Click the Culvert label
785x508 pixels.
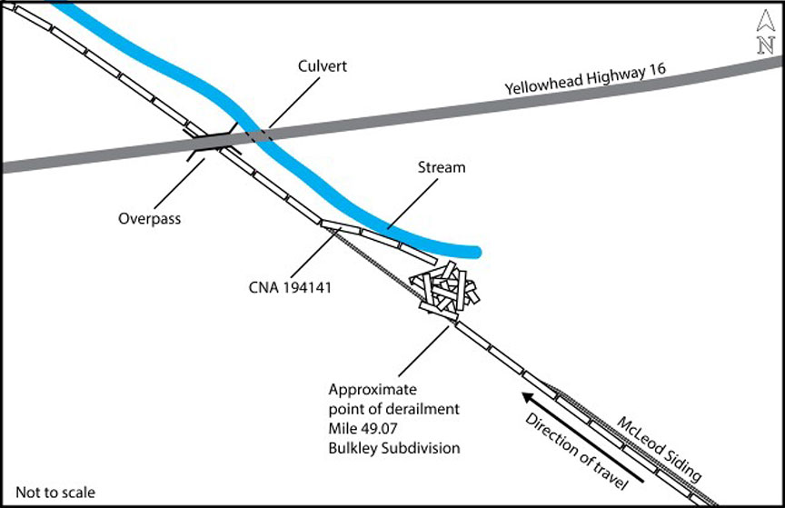coord(323,67)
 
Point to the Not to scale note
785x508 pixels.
coord(55,493)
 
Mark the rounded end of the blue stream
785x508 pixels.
coord(474,251)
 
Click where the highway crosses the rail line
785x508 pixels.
coord(211,141)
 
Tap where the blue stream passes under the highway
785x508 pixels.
coord(262,135)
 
